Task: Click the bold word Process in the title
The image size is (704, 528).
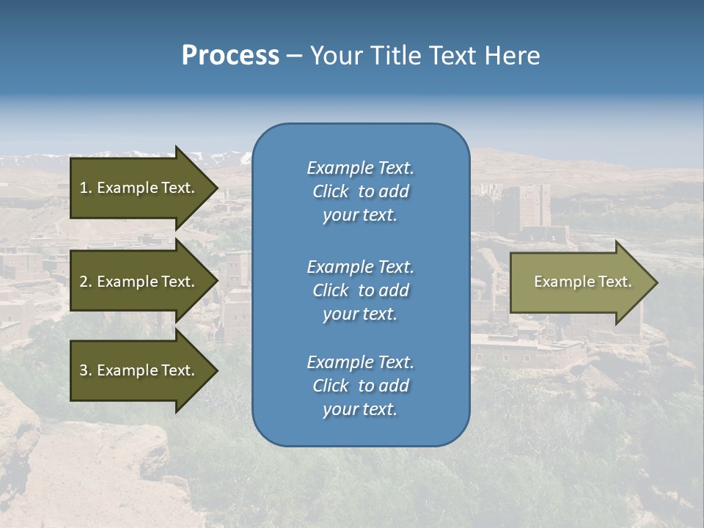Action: click(230, 56)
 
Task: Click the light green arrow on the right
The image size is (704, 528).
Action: click(582, 282)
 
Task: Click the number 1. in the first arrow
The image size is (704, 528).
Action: click(86, 188)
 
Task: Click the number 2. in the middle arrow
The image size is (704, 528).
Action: click(86, 282)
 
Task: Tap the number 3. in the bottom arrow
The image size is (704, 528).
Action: click(86, 370)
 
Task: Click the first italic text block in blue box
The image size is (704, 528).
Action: click(360, 191)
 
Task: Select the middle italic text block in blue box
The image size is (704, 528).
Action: click(360, 290)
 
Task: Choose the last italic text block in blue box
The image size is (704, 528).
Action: click(360, 386)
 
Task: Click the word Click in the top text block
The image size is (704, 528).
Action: click(330, 191)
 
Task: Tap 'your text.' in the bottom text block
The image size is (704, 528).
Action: click(360, 409)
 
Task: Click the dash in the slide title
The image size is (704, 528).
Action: click(295, 56)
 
